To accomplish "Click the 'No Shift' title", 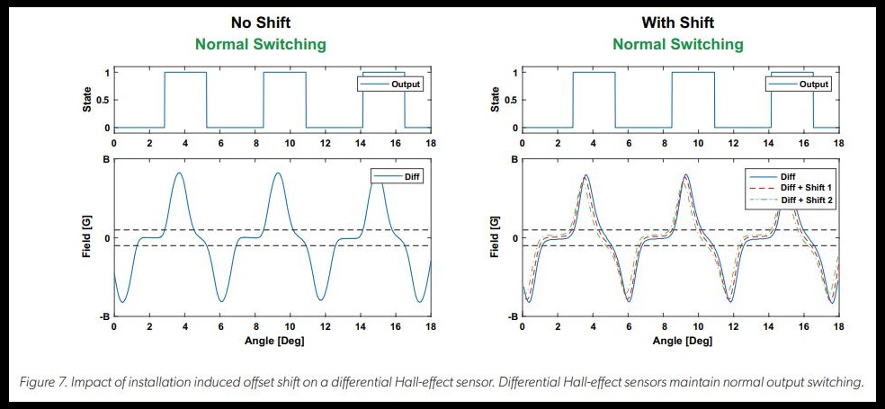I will (x=272, y=23).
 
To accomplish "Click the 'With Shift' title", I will (x=678, y=23).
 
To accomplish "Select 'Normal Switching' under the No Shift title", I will (x=272, y=44).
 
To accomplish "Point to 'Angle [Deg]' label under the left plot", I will (x=273, y=342).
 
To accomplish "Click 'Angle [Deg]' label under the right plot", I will (x=680, y=342).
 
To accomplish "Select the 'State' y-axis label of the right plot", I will (x=496, y=99).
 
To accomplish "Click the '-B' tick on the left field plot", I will (x=103, y=316).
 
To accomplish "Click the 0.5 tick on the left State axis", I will (x=103, y=100).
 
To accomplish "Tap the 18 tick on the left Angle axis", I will (x=431, y=327).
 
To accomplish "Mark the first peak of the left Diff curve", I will (x=180, y=173).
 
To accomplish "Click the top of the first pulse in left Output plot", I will (x=185, y=72).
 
